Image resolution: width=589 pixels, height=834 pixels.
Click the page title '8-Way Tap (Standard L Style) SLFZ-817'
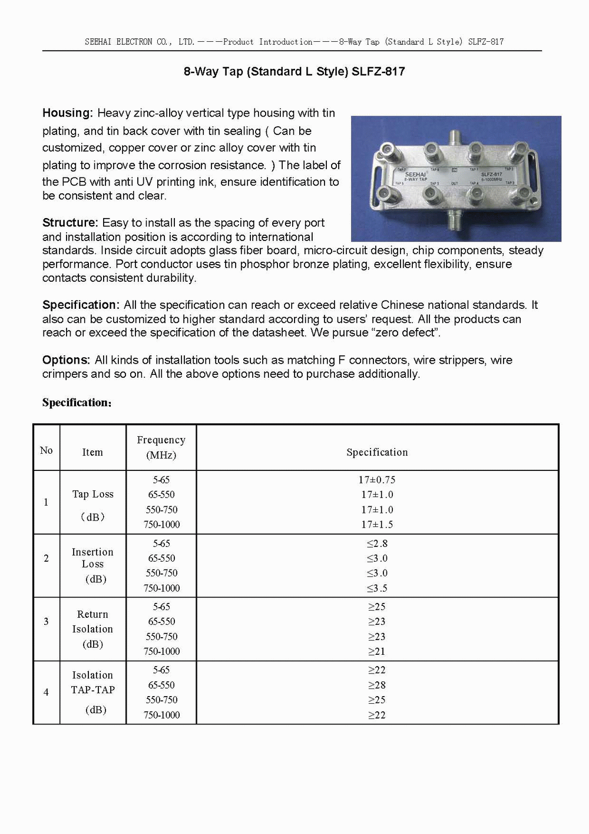[294, 72]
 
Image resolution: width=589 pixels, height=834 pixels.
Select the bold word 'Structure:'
[70, 223]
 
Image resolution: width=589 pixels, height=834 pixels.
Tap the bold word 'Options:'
[66, 360]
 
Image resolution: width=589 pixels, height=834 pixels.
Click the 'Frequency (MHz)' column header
[161, 447]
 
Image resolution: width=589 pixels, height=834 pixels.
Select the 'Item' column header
[92, 452]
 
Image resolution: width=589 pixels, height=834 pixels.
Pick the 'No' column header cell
[46, 450]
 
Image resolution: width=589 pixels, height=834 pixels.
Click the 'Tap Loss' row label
[93, 495]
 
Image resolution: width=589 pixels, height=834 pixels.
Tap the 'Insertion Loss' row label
[92, 558]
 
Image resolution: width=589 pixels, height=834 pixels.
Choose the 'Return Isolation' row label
[92, 622]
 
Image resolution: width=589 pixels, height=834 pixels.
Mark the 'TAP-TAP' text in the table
[93, 690]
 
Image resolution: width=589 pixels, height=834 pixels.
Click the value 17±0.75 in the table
[377, 480]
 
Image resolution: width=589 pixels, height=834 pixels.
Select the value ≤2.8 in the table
[377, 543]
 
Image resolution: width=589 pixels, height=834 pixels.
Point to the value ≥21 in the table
[377, 651]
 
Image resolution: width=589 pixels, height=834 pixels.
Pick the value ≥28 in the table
[377, 685]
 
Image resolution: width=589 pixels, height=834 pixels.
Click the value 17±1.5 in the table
[377, 525]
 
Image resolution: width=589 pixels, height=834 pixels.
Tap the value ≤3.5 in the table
[377, 588]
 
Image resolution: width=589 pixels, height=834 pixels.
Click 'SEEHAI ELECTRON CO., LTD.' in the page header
[140, 42]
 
